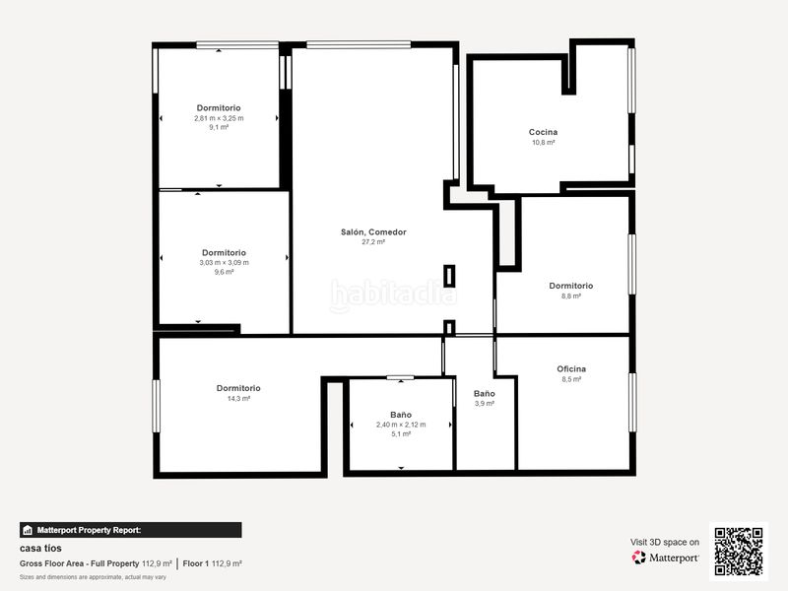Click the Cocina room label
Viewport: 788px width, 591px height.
[x=543, y=132]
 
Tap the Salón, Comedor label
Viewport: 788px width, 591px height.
[x=373, y=232]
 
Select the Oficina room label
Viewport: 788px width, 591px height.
[x=571, y=368]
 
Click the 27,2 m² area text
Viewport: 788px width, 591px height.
[x=373, y=242]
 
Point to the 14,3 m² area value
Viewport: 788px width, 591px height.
[x=238, y=399]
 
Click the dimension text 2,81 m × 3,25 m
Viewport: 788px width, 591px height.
[x=219, y=118]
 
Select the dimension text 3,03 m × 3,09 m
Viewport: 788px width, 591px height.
[x=225, y=263]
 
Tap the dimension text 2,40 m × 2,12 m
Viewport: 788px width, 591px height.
[x=401, y=425]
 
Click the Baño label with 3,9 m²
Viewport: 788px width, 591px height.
[x=485, y=394]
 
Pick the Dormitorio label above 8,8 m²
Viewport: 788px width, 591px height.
[x=571, y=286]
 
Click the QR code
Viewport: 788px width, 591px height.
[x=739, y=552]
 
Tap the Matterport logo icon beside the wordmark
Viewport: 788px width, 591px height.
[x=638, y=558]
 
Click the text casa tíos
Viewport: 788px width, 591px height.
[x=40, y=549]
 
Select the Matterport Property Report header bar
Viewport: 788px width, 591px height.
[x=131, y=530]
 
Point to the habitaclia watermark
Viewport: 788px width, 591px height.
[x=393, y=295]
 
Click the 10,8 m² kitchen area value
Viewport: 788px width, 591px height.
[x=544, y=143]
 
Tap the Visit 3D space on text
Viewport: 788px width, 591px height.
[x=665, y=543]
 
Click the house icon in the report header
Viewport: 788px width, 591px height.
[x=28, y=530]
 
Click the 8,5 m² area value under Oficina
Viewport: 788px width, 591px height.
[x=571, y=379]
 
